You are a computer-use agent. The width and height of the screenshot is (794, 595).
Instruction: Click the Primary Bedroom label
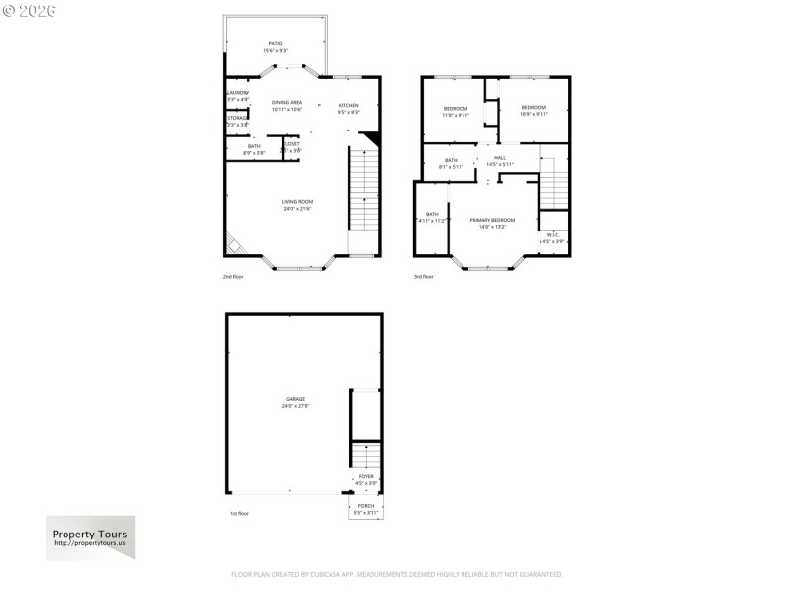tap(493, 223)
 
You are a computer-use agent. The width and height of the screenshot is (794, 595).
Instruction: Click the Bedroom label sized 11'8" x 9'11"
tap(455, 110)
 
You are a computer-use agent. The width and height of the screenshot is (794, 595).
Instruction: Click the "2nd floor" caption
tap(233, 276)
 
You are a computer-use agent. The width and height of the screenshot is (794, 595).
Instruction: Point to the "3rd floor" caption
tap(424, 276)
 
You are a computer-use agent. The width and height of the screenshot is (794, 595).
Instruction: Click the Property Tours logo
tap(90, 537)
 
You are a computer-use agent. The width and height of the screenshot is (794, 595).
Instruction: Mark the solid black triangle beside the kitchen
tap(370, 139)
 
